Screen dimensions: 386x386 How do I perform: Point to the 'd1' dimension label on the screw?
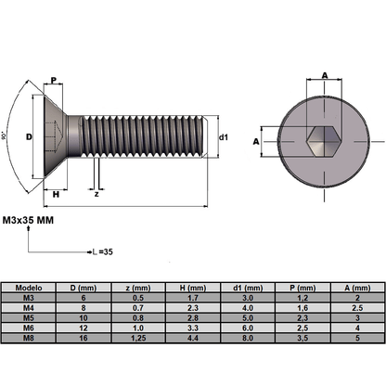[x=224, y=137]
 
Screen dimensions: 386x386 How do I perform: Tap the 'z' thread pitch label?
[x=96, y=194]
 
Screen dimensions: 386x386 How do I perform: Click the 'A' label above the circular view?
[x=325, y=76]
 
